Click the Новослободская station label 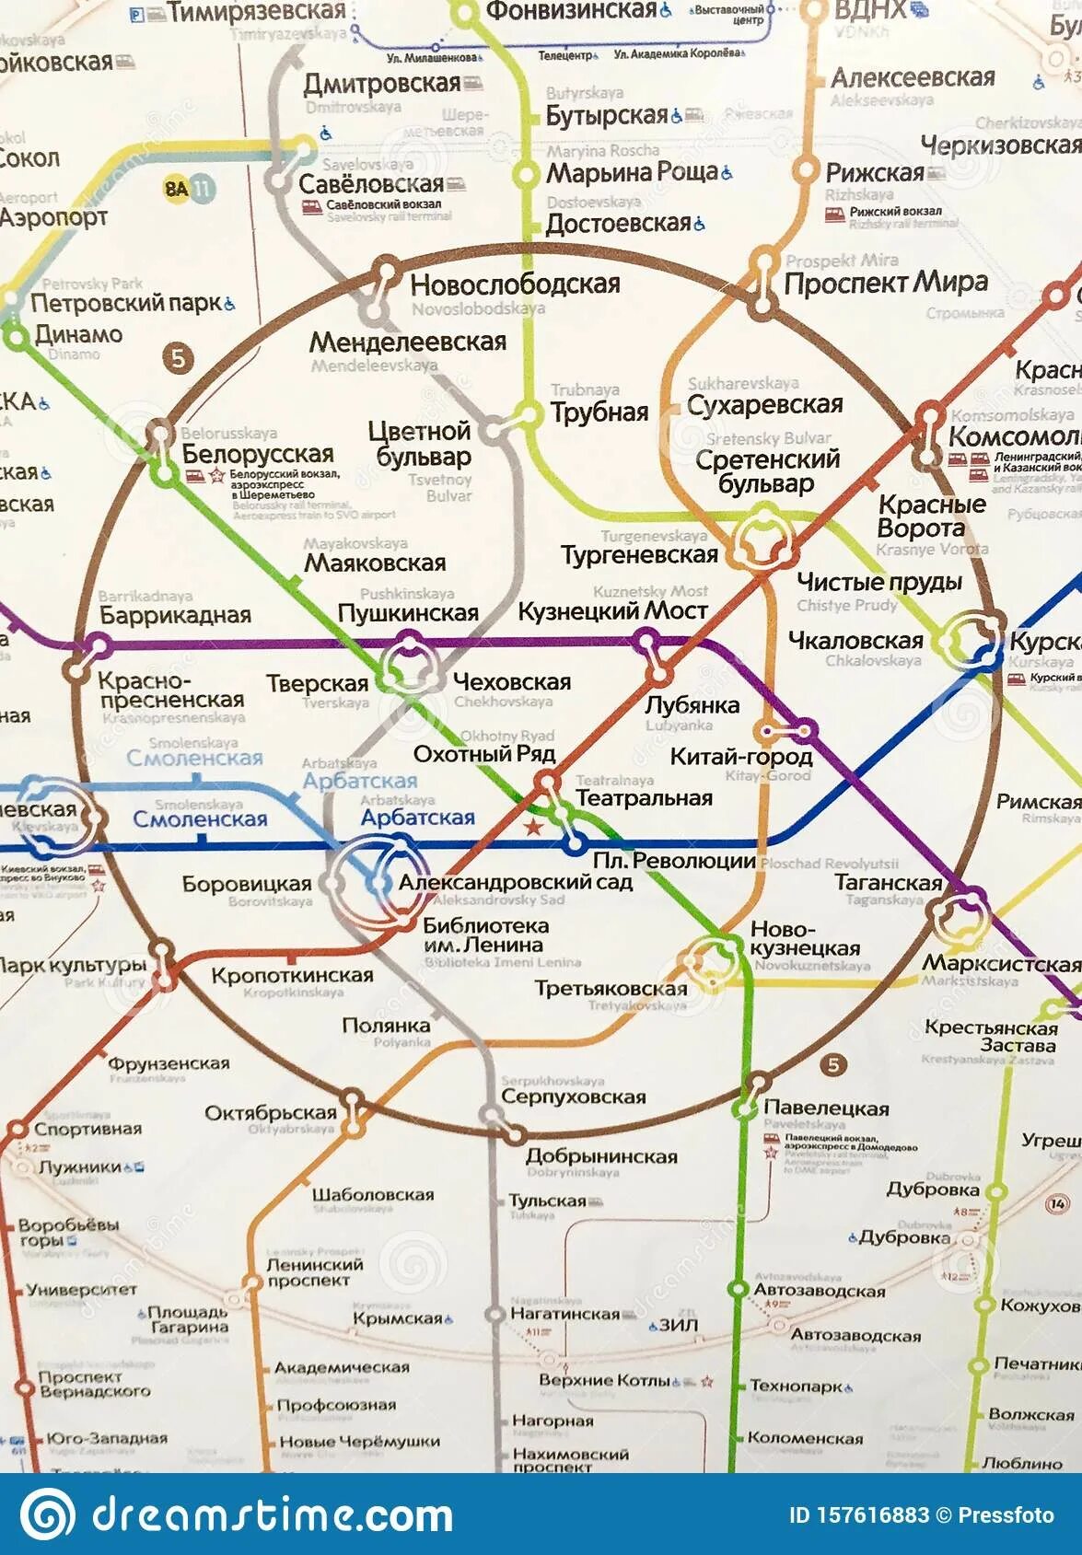[515, 284]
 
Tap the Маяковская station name [375, 563]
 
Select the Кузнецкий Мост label [612, 611]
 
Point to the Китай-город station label [741, 757]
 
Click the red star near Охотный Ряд [531, 826]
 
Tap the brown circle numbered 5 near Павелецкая [833, 1065]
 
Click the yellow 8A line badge [176, 189]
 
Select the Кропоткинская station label [292, 975]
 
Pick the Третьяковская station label [611, 989]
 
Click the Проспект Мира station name [886, 284]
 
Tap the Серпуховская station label [573, 1097]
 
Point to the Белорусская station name [258, 454]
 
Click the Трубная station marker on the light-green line [529, 413]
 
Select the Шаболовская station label [372, 1194]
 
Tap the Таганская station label [889, 883]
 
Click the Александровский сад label [516, 882]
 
